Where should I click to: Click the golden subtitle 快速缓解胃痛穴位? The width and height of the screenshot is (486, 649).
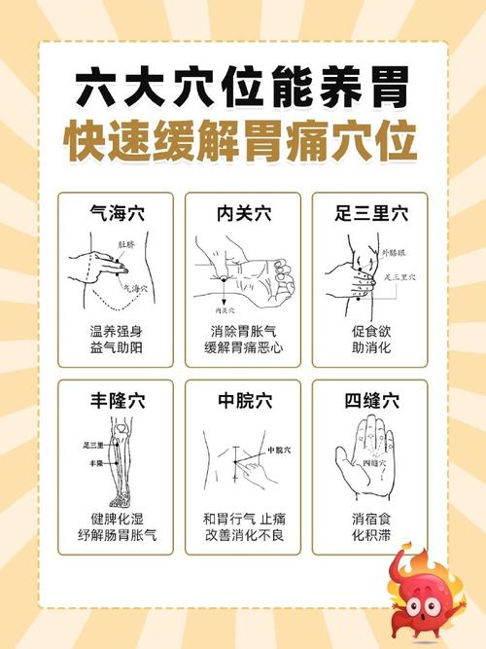[x=242, y=142]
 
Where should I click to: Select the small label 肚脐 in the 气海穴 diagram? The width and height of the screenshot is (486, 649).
[x=125, y=244]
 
